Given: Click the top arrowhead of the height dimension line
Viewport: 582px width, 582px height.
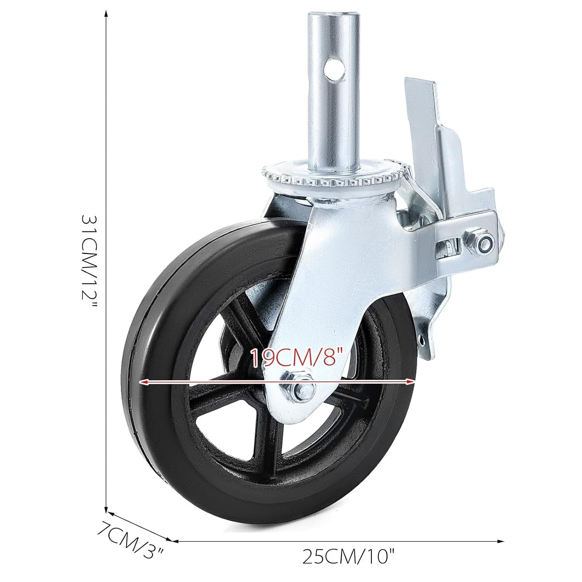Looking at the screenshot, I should pyautogui.click(x=106, y=12).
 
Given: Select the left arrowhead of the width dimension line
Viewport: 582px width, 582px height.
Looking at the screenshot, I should pyautogui.click(x=174, y=540).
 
